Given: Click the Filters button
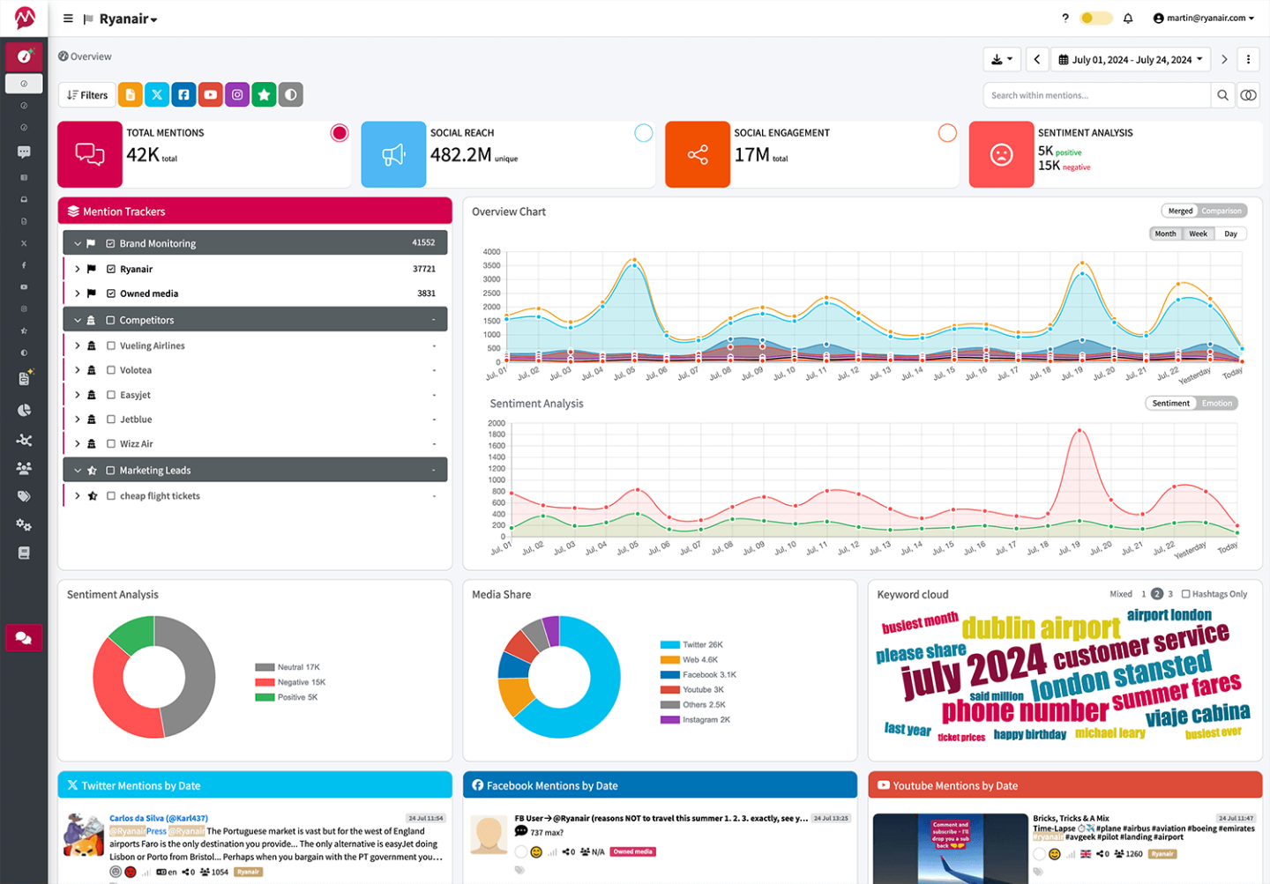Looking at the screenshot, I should coord(87,95).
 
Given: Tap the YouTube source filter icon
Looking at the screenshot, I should coord(210,95).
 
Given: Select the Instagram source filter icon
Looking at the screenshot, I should coord(237,95).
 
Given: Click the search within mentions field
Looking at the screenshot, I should coord(1096,95).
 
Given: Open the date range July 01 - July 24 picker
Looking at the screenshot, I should coord(1131,60).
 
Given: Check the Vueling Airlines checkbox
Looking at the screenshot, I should coord(111,346).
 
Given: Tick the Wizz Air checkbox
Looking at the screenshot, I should coord(111,444).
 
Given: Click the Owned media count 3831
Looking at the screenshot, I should coord(426,293).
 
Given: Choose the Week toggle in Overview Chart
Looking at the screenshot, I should coord(1198,234).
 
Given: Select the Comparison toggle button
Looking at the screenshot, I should coord(1221,211).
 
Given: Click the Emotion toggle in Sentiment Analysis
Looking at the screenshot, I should coord(1216,404).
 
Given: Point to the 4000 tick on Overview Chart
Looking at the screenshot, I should coord(491,252).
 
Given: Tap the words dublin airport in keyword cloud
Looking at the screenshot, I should coord(1040,628).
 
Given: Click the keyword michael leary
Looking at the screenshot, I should coord(1109,733).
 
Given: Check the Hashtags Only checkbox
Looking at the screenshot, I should coord(1185,594).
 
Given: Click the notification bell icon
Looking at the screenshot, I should coord(1127,19).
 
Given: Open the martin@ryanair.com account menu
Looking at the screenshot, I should coord(1204,19).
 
